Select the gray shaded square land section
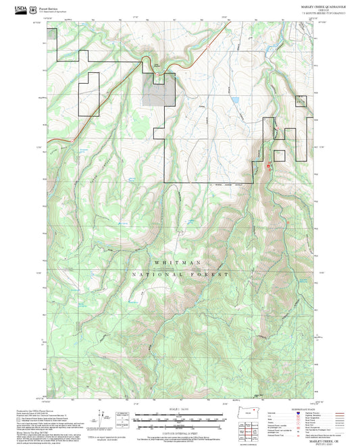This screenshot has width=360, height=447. (x=161, y=91)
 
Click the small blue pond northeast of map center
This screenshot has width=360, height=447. (x=234, y=100)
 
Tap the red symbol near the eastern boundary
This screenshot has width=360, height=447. (x=269, y=165)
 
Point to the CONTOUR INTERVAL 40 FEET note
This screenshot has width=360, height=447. (x=180, y=432)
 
